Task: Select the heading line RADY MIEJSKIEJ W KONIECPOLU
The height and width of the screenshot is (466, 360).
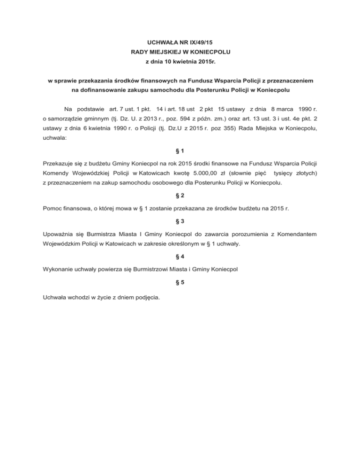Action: (x=180, y=52)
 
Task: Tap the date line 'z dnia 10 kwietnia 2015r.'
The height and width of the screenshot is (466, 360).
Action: (x=180, y=62)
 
